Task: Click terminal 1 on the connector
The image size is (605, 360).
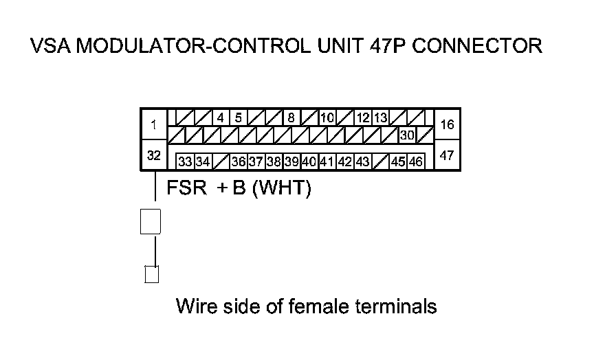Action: tap(154, 125)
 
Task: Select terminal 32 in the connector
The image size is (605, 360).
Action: tap(154, 156)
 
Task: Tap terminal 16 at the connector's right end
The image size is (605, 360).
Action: tap(447, 124)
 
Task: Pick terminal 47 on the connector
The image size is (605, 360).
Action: tap(447, 155)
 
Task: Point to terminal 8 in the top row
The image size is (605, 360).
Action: tap(291, 117)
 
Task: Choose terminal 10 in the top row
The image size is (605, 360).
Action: tap(327, 117)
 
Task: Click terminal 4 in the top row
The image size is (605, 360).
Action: tap(220, 117)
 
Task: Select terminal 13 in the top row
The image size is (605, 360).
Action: tap(380, 117)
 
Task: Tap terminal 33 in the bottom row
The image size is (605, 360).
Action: tap(185, 162)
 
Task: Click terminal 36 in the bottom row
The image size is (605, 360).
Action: tap(239, 162)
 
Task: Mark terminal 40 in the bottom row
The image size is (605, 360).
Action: tap(309, 162)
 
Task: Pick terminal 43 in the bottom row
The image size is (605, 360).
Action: tap(363, 162)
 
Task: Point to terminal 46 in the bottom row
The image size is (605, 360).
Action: tap(416, 162)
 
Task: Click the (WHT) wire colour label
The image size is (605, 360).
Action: tap(282, 188)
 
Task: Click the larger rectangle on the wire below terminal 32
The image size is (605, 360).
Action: tap(151, 221)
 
